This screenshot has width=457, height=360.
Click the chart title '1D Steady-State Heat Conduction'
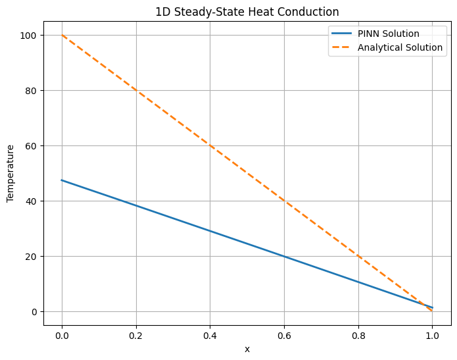(247, 11)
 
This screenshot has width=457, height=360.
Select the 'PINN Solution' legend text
(389, 34)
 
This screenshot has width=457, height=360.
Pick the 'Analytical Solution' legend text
(400, 47)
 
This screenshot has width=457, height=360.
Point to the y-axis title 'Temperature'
(11, 174)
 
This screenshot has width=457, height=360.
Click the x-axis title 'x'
(247, 349)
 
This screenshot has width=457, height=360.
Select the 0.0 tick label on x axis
(62, 334)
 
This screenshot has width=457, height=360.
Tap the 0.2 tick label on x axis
(136, 334)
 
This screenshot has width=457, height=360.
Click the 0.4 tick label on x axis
(210, 334)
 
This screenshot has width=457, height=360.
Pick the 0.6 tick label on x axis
(284, 334)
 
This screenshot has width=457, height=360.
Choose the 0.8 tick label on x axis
(358, 334)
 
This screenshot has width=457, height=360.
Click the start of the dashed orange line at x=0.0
(62, 35)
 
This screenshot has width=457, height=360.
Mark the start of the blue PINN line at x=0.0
(62, 180)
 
